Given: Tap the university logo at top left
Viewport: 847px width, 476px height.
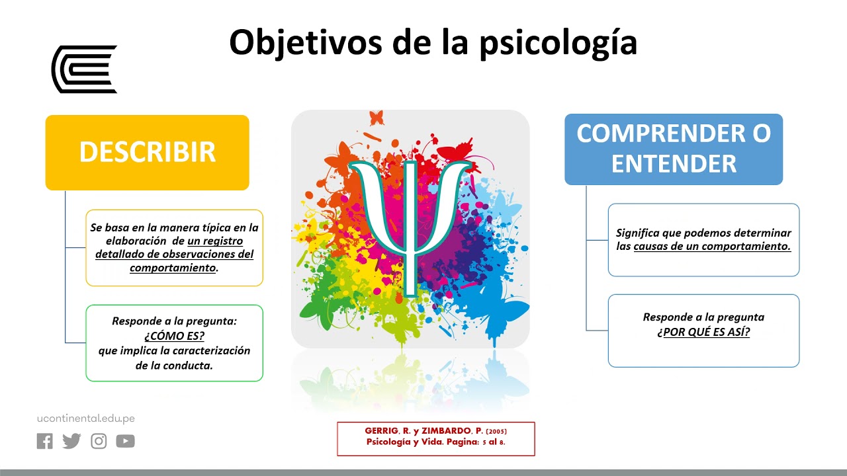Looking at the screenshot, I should [x=84, y=69].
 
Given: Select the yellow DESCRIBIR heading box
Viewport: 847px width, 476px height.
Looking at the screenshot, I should [x=147, y=152].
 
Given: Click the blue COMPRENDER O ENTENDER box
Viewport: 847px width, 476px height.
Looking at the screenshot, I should [x=673, y=149].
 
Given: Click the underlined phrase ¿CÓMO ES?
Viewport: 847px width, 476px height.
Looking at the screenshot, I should [x=174, y=336].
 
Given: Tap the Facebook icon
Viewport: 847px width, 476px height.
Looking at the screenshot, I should [x=44, y=441].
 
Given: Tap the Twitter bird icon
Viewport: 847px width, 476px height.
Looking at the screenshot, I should [x=71, y=441].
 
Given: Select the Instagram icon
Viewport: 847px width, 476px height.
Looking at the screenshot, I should [x=99, y=441].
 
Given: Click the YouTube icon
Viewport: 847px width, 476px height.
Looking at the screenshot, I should [x=125, y=441].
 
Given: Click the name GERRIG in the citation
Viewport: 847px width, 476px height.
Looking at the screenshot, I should [x=383, y=431].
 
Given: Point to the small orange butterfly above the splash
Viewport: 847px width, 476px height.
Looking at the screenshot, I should [x=377, y=118].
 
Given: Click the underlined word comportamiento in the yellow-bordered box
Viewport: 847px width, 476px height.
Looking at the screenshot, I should [x=173, y=268].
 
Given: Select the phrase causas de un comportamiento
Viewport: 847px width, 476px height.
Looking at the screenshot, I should [x=712, y=246].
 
